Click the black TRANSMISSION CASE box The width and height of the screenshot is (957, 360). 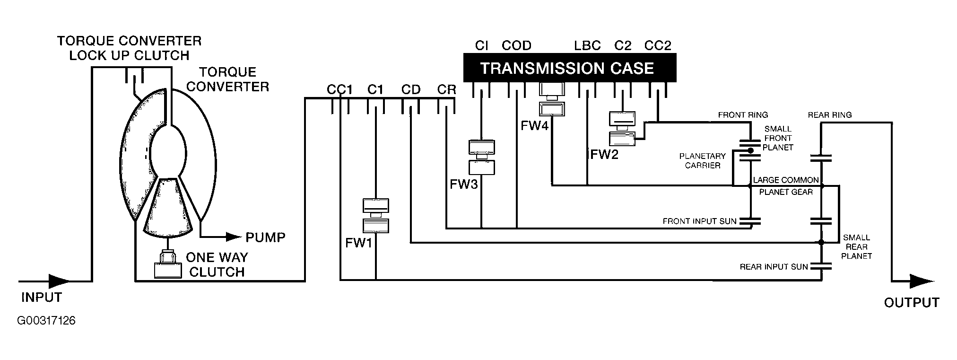(569, 68)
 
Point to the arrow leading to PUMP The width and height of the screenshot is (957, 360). (220, 236)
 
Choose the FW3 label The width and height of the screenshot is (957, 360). (463, 184)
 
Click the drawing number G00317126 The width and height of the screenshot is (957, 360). (46, 321)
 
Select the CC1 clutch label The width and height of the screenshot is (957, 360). (339, 89)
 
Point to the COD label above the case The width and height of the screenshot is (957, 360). (517, 45)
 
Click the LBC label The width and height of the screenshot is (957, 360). (588, 45)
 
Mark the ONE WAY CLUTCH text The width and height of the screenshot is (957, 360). (217, 264)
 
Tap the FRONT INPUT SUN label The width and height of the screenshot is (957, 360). (699, 221)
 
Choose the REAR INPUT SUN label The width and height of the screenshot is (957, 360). (774, 267)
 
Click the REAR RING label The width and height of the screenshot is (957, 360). (830, 114)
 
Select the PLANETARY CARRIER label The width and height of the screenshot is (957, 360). (703, 161)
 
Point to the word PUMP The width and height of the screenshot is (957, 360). (265, 237)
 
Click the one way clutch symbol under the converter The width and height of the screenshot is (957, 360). (168, 264)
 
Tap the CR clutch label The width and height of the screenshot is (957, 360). (446, 89)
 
